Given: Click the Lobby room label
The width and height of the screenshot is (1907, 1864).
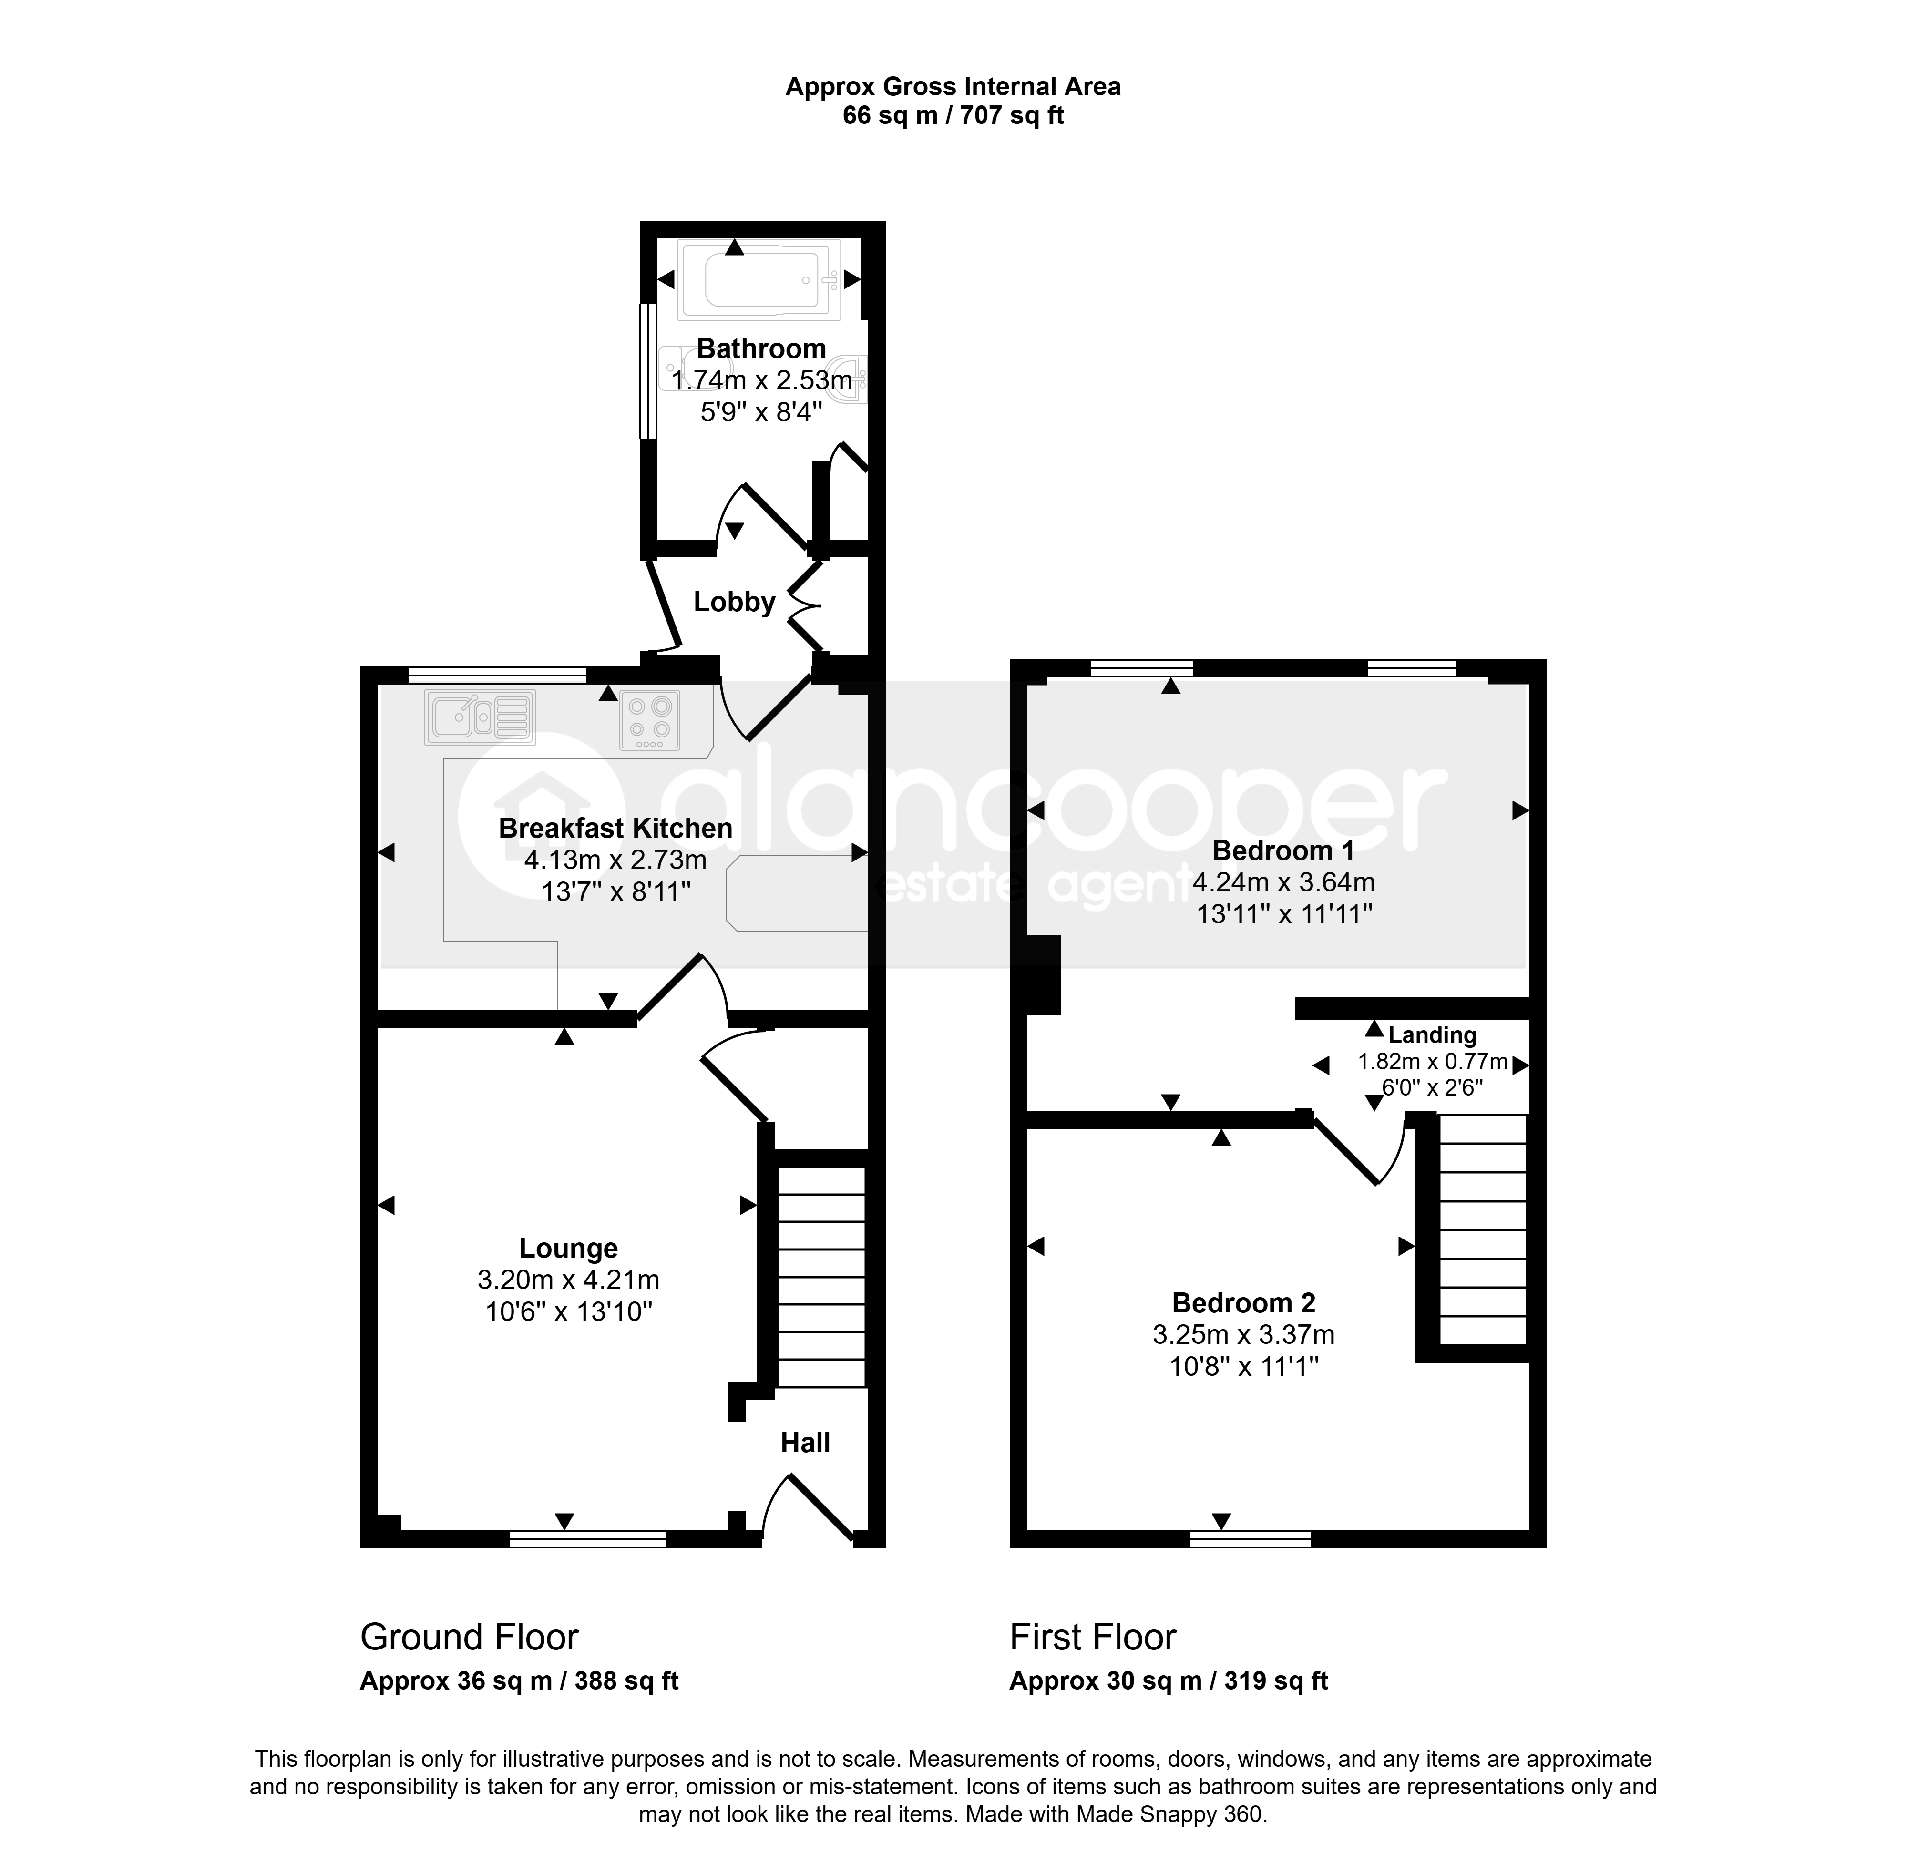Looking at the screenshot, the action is [x=734, y=602].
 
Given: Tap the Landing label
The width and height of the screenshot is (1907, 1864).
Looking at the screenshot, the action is [x=1432, y=1035].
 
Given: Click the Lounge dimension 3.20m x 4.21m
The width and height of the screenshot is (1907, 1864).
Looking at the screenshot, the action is [x=568, y=1280].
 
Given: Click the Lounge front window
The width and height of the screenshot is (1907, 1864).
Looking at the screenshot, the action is [x=587, y=1539].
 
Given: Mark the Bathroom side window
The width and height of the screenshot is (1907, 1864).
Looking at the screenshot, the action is [x=647, y=372].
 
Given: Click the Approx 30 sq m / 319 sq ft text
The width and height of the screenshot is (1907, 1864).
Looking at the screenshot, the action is [x=1169, y=1681].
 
